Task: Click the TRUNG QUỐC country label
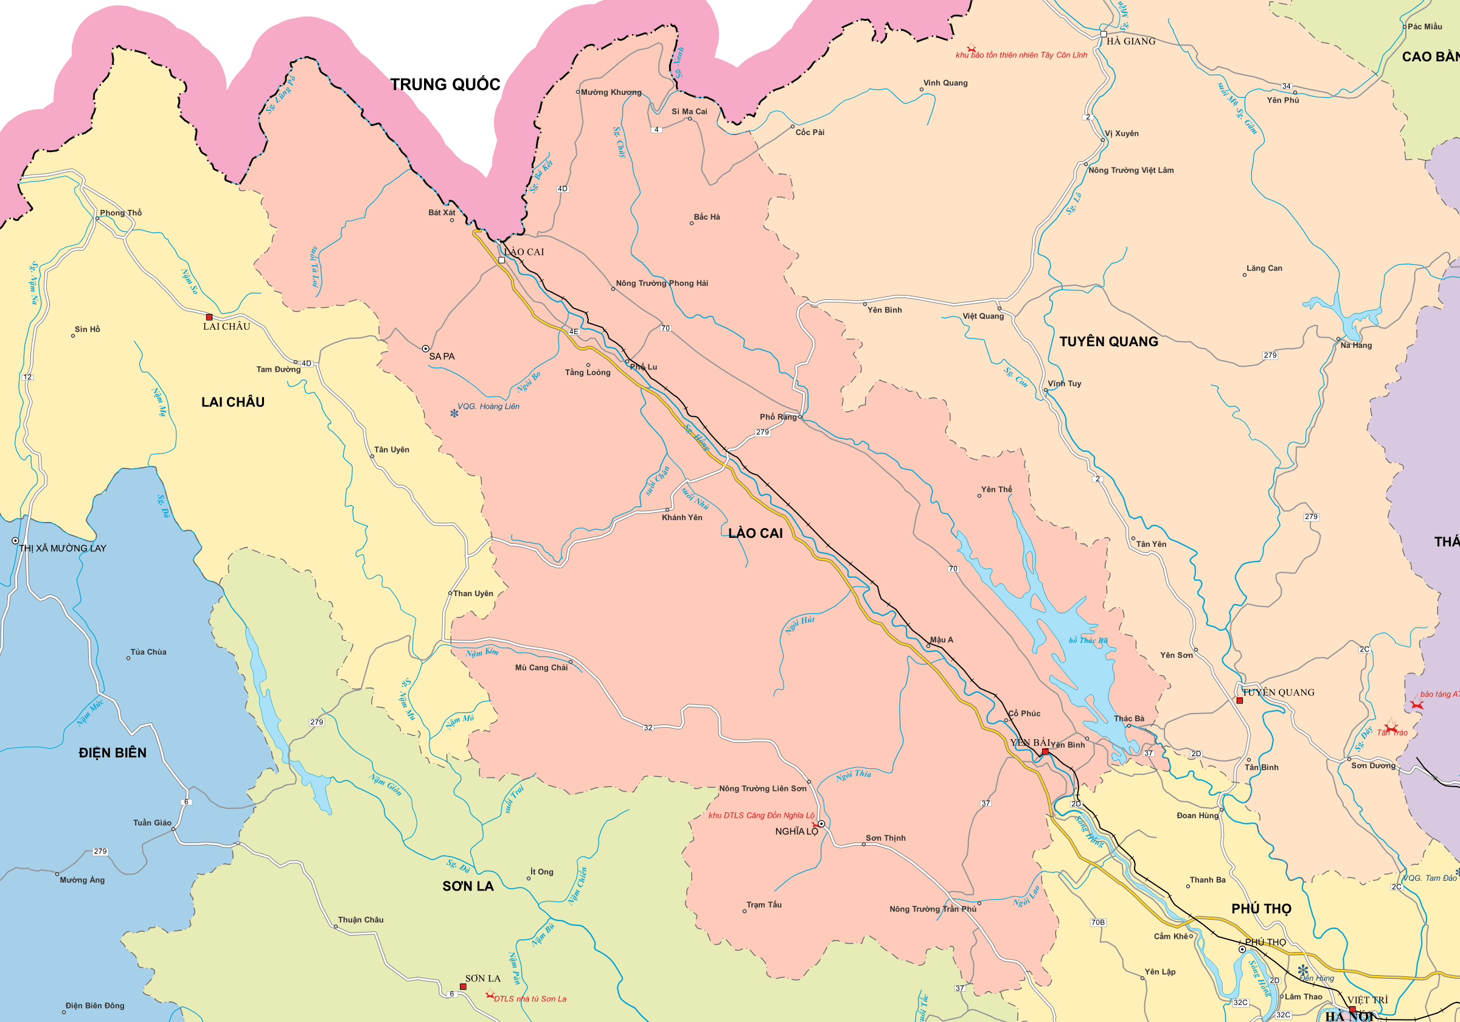pos(445,85)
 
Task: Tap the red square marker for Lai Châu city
pos(209,317)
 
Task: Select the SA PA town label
pos(442,356)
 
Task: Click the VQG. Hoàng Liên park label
pos(488,406)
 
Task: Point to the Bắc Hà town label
pos(706,217)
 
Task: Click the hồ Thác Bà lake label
pos(1088,641)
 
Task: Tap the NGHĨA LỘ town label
pos(796,831)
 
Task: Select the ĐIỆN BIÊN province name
pos(113,753)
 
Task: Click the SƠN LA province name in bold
pos(468,886)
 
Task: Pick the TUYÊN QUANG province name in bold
pos(1108,341)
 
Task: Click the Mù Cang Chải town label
pos(541,668)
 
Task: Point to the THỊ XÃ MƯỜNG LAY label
pos(62,548)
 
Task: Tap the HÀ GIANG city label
pos(1131,41)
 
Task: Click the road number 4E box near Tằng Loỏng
pos(574,332)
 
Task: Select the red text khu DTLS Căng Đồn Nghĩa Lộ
pos(761,815)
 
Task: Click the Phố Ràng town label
pos(777,417)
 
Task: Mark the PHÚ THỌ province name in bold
pos(1261,909)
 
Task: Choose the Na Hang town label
pos(1356,346)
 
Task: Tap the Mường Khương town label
pos(610,92)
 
